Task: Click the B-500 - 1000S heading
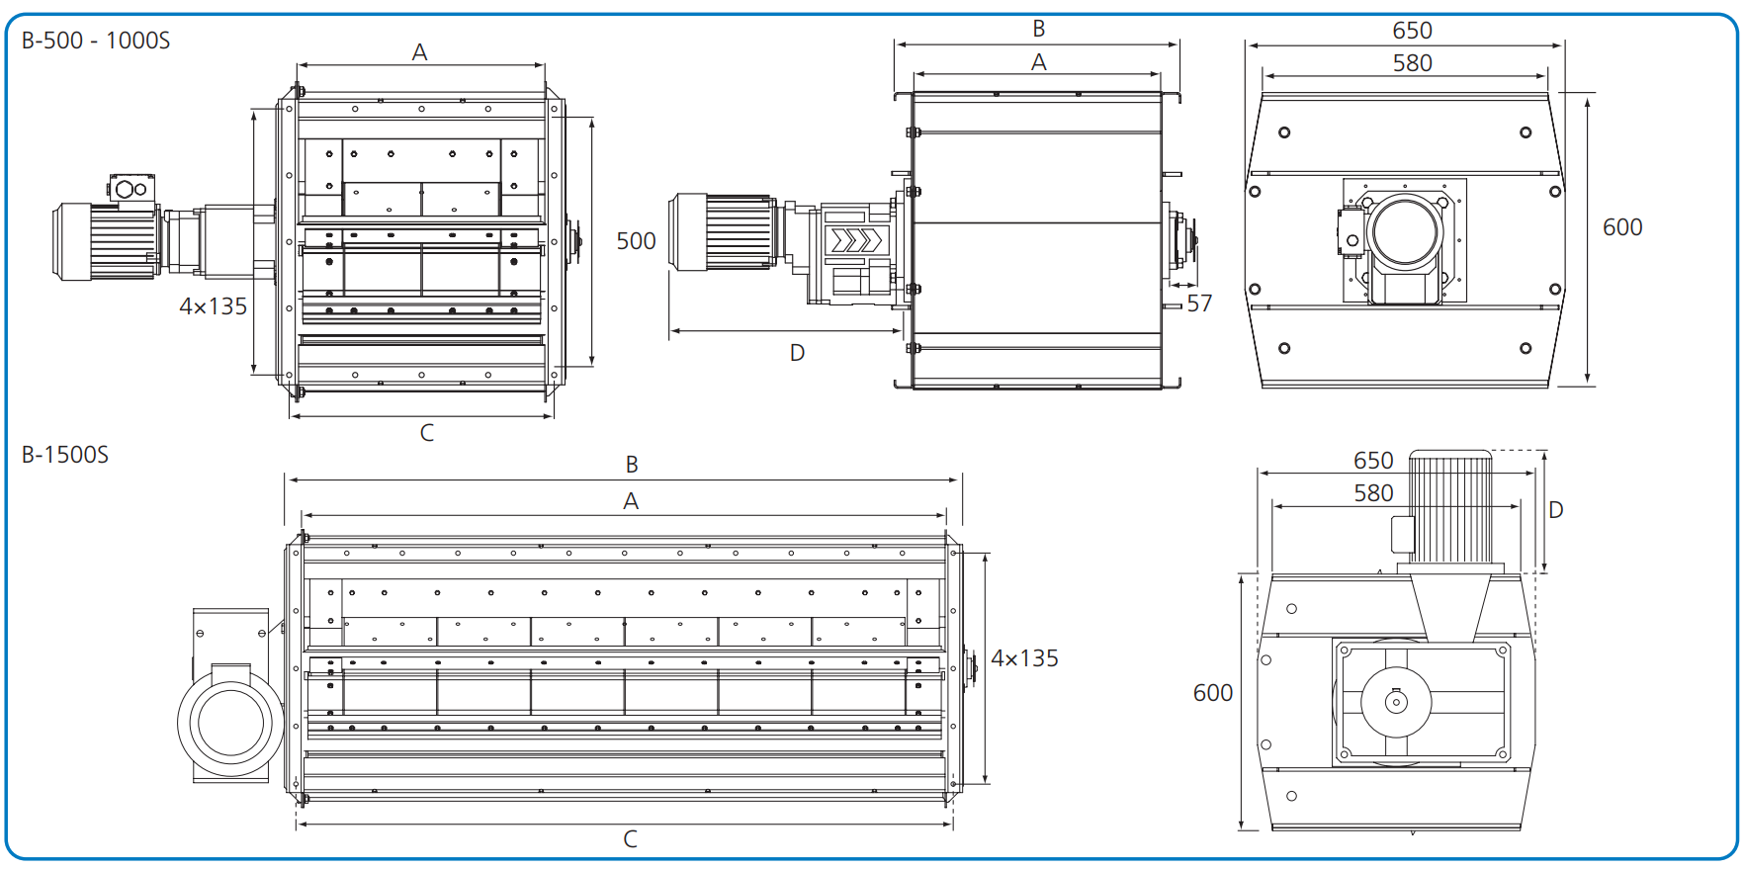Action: [x=96, y=41]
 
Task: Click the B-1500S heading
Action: [x=65, y=455]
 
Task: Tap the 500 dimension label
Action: [x=636, y=241]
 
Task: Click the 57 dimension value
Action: [x=1199, y=304]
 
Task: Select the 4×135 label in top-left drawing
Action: [x=213, y=306]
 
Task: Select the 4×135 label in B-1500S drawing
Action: [x=1024, y=658]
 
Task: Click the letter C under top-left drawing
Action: [x=427, y=433]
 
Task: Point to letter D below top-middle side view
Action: [x=797, y=353]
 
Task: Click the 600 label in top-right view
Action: [x=1622, y=227]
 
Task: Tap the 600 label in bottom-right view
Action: [x=1212, y=693]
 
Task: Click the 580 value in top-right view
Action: [x=1412, y=63]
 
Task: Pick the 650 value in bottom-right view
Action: [x=1373, y=461]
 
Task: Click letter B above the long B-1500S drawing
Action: [x=632, y=465]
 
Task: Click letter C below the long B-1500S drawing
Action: [x=631, y=839]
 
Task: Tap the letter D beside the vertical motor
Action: [x=1555, y=510]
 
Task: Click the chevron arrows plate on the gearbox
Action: [x=855, y=240]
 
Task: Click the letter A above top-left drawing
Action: [x=419, y=52]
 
